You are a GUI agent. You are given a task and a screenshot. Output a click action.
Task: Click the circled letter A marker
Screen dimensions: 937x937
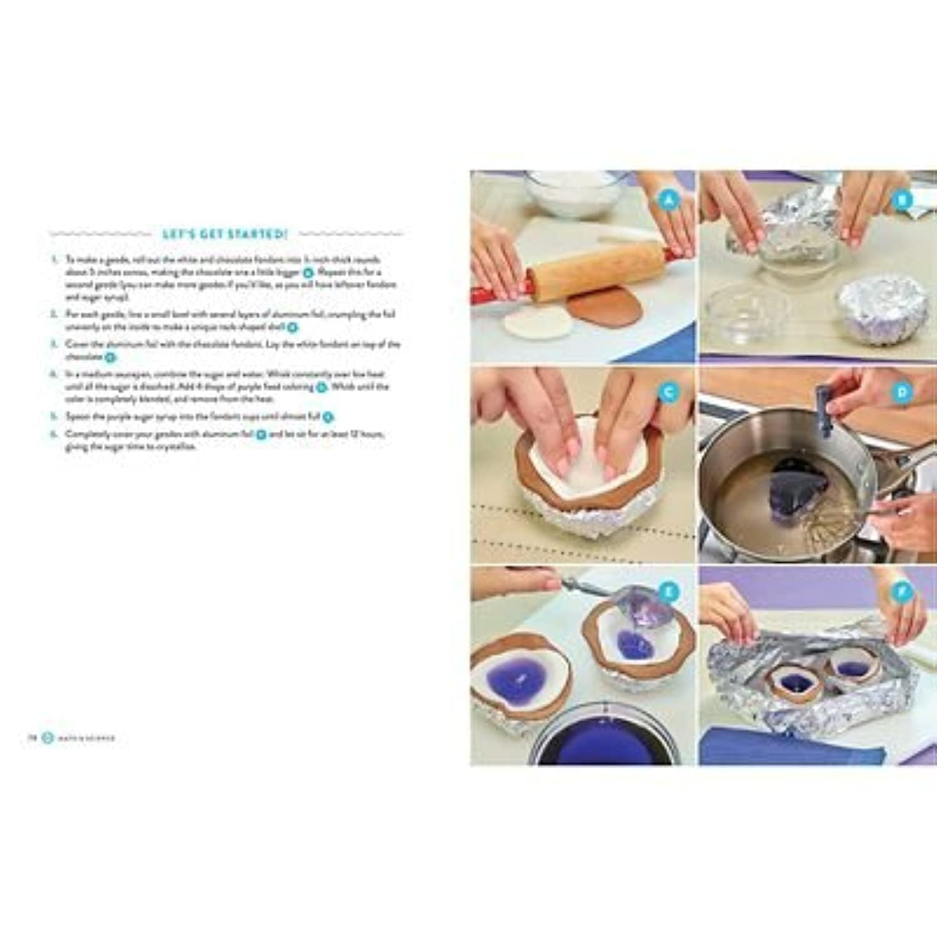670,200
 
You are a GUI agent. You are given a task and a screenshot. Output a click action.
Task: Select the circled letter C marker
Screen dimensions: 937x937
670,392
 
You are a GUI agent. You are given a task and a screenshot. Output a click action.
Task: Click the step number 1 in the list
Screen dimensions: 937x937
54,259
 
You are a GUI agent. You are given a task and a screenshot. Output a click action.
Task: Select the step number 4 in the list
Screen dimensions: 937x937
54,374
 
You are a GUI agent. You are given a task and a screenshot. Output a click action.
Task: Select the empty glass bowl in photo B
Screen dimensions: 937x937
746,315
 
